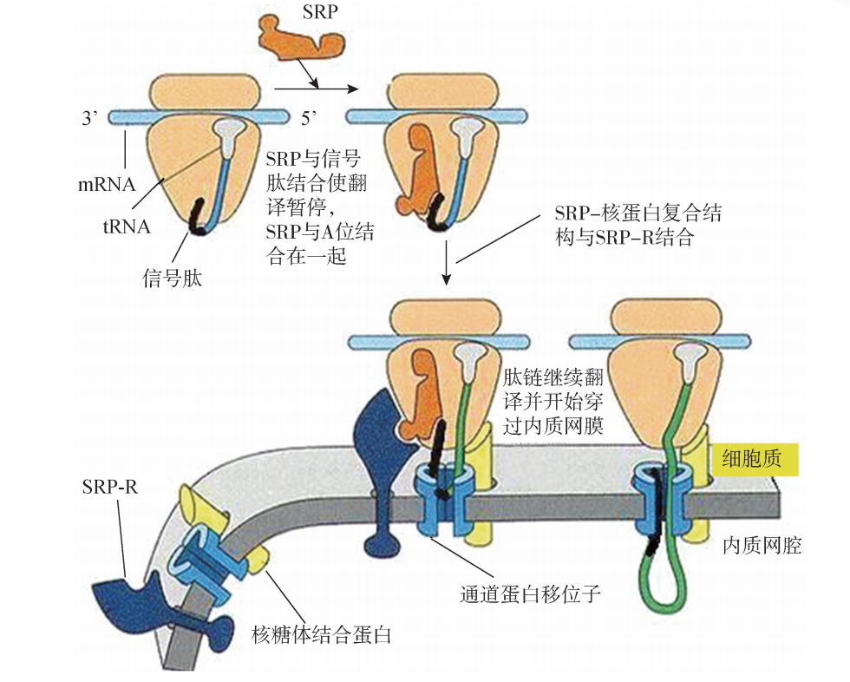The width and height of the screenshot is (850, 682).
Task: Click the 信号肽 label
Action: [171, 279]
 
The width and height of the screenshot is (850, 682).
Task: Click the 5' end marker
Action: [311, 114]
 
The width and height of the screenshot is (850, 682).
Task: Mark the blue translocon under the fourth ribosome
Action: [658, 503]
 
